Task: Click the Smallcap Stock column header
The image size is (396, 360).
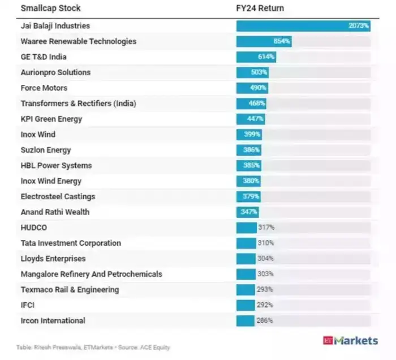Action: (x=50, y=8)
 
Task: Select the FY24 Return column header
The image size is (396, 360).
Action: (x=260, y=8)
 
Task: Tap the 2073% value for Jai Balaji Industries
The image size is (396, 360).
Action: (x=359, y=26)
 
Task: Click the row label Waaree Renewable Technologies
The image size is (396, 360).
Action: (x=78, y=41)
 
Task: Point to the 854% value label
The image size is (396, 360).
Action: (x=282, y=42)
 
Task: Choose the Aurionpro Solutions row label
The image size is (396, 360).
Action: (x=55, y=72)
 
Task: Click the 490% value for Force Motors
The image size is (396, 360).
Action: (x=258, y=88)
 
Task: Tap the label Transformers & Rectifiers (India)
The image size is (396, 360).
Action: (x=78, y=104)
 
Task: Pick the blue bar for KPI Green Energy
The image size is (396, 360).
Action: (x=250, y=119)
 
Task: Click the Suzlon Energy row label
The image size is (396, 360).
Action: (x=46, y=150)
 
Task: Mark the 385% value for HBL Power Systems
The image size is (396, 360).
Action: (x=252, y=166)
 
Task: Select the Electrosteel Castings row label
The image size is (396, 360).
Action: (x=58, y=196)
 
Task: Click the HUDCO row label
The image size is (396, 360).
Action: (x=33, y=228)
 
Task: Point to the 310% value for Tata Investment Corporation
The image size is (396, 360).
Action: (x=266, y=243)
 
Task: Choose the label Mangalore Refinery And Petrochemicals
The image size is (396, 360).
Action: (x=91, y=274)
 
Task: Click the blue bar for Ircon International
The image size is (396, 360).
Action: (x=246, y=320)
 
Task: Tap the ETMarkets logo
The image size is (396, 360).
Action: (x=350, y=341)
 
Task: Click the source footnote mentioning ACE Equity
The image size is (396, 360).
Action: (x=93, y=347)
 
